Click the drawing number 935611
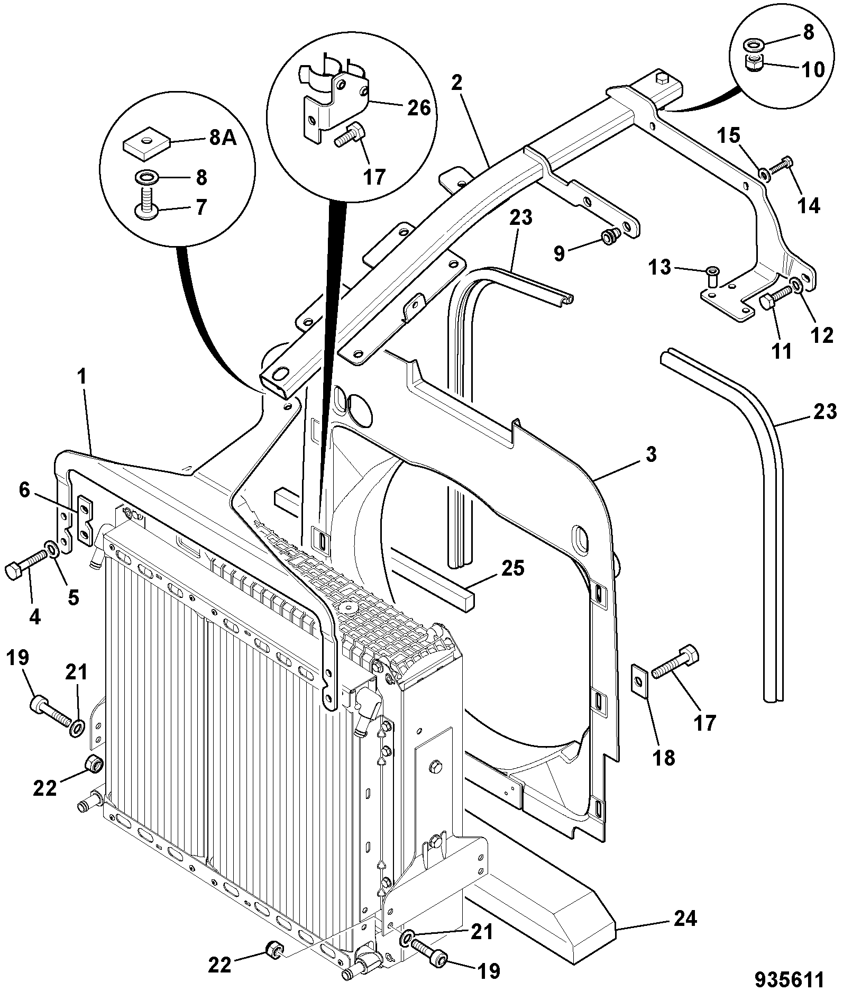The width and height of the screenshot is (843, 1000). click(x=789, y=979)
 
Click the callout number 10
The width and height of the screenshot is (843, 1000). click(x=812, y=69)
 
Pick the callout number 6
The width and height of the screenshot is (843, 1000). click(x=24, y=490)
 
